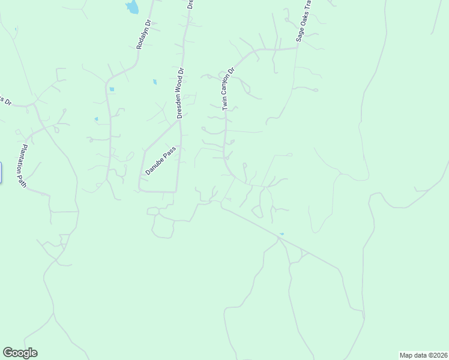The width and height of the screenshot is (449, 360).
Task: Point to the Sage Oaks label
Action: pyautogui.click(x=301, y=26)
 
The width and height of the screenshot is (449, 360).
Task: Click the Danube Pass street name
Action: pyautogui.click(x=160, y=160)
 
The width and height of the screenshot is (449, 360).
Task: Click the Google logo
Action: pyautogui.click(x=20, y=353)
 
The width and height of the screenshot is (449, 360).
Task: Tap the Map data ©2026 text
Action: pyautogui.click(x=423, y=355)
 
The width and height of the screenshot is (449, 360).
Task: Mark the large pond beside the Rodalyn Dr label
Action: pyautogui.click(x=131, y=7)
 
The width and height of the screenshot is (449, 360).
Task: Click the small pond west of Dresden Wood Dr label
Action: pyautogui.click(x=155, y=82)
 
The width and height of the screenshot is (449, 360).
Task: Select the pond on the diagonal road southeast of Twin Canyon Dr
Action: pyautogui.click(x=282, y=234)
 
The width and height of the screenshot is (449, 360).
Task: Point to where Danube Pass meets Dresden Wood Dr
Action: pyautogui.click(x=179, y=121)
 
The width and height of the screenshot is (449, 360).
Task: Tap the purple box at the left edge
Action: pyautogui.click(x=1, y=172)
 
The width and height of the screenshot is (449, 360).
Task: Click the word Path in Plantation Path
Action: pyautogui.click(x=25, y=179)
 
